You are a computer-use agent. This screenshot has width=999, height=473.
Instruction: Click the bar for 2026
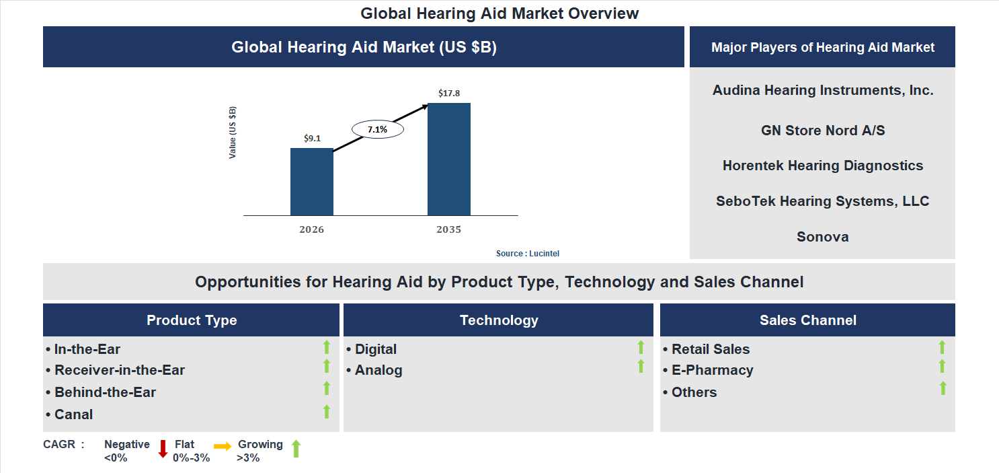pos(311,182)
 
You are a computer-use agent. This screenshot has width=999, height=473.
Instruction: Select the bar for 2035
pos(448,159)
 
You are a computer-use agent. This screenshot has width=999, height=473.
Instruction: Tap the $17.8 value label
pos(448,93)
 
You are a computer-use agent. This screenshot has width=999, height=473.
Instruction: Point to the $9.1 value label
pos(312,138)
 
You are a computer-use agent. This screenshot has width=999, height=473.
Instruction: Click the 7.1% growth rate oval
pos(377,129)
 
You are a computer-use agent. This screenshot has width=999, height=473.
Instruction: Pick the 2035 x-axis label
pos(448,229)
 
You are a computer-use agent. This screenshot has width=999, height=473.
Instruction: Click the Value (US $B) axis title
pos(233,133)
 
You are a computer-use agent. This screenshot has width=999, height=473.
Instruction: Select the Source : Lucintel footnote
pos(527,254)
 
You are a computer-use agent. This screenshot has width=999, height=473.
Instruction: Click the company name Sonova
pos(822,237)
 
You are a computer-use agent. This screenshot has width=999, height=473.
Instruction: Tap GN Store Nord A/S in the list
pos(822,131)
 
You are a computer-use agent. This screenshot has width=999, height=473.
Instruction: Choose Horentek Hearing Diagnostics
pos(822,166)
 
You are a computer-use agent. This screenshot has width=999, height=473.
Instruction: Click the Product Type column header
pos(192,320)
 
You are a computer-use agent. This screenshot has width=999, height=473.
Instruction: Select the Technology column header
pos(498,320)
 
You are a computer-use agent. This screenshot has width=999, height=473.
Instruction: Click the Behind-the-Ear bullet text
pos(105,392)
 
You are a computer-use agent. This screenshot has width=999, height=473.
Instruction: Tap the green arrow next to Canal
pos(327,412)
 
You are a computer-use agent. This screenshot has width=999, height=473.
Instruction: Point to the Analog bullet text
pos(378,370)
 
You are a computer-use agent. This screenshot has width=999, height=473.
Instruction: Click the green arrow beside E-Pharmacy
pos(942,367)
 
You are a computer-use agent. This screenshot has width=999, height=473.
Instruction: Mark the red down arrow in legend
pos(162,449)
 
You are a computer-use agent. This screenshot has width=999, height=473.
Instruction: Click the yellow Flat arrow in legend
pos(223,446)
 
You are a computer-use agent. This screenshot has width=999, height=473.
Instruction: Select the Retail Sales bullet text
pos(710,349)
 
